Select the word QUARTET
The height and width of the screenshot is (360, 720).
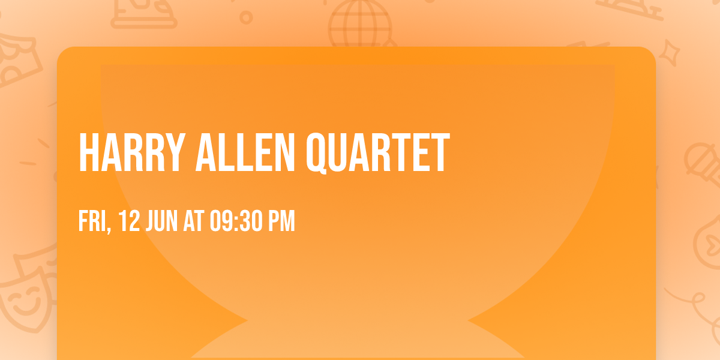point(378,153)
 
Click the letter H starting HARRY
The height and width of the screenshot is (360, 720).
point(88,153)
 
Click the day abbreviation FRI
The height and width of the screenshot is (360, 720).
point(92,221)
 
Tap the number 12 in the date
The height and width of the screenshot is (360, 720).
point(129,221)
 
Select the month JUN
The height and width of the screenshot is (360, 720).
point(161,221)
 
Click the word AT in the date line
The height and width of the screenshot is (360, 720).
point(194,221)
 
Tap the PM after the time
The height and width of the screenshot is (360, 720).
point(281,221)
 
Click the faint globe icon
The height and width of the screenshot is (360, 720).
point(359,24)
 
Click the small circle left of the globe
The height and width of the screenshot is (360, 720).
point(246,17)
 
